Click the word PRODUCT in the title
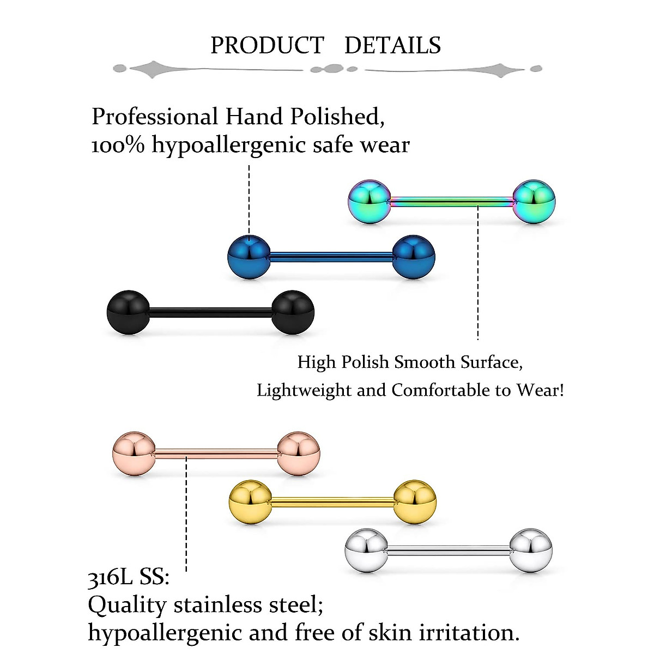point(267,45)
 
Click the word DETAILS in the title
point(392,45)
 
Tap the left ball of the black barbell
point(128,312)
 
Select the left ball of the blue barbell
point(249,257)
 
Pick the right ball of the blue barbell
point(414,257)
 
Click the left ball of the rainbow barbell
point(370,201)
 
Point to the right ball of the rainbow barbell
point(534,201)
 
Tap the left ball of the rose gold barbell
point(134,453)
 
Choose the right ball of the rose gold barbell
point(299,453)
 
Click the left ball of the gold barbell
point(250,502)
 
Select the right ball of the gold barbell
point(415,502)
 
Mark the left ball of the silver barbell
point(366,550)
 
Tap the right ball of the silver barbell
point(531,550)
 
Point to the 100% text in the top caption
point(118,145)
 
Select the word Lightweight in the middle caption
point(304,390)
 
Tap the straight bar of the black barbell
point(210,312)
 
